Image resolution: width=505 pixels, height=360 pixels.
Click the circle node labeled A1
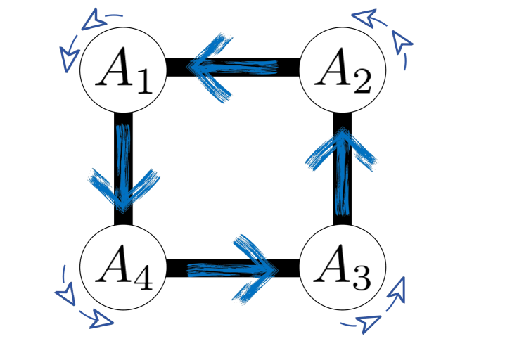[x=123, y=68]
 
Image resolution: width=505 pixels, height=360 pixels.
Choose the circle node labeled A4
[x=123, y=268]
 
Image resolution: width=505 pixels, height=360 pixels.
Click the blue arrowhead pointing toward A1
[x=207, y=67]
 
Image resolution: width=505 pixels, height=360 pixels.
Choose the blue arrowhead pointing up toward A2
[x=343, y=148]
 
